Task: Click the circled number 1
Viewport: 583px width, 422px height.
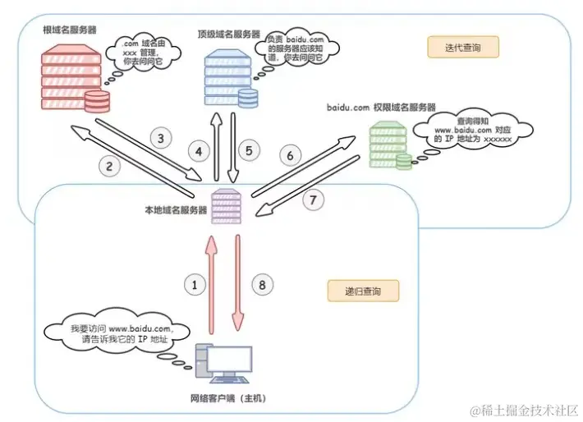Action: [x=195, y=285]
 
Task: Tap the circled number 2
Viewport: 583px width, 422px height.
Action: [x=109, y=166]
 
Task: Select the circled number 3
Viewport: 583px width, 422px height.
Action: [x=161, y=138]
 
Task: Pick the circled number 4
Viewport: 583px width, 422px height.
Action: [x=199, y=151]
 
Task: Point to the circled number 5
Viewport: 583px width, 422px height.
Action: [x=249, y=150]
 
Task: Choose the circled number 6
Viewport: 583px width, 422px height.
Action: [x=290, y=155]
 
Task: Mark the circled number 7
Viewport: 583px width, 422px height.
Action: [x=313, y=200]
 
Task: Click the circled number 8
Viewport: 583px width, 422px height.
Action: [x=262, y=285]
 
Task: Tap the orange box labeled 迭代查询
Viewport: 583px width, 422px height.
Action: [x=463, y=48]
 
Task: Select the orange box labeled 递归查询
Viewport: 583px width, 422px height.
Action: [x=363, y=291]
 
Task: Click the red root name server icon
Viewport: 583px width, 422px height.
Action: [x=76, y=78]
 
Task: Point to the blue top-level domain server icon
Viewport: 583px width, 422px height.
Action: [x=231, y=79]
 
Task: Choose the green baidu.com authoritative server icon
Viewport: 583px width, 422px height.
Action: [x=390, y=145]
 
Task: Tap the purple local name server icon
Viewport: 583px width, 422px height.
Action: [x=226, y=206]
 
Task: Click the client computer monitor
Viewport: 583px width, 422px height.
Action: [x=229, y=360]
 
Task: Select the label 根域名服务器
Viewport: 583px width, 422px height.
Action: [x=70, y=30]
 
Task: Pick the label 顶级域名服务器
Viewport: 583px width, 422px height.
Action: [x=228, y=34]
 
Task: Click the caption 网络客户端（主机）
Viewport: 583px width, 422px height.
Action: [x=228, y=398]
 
